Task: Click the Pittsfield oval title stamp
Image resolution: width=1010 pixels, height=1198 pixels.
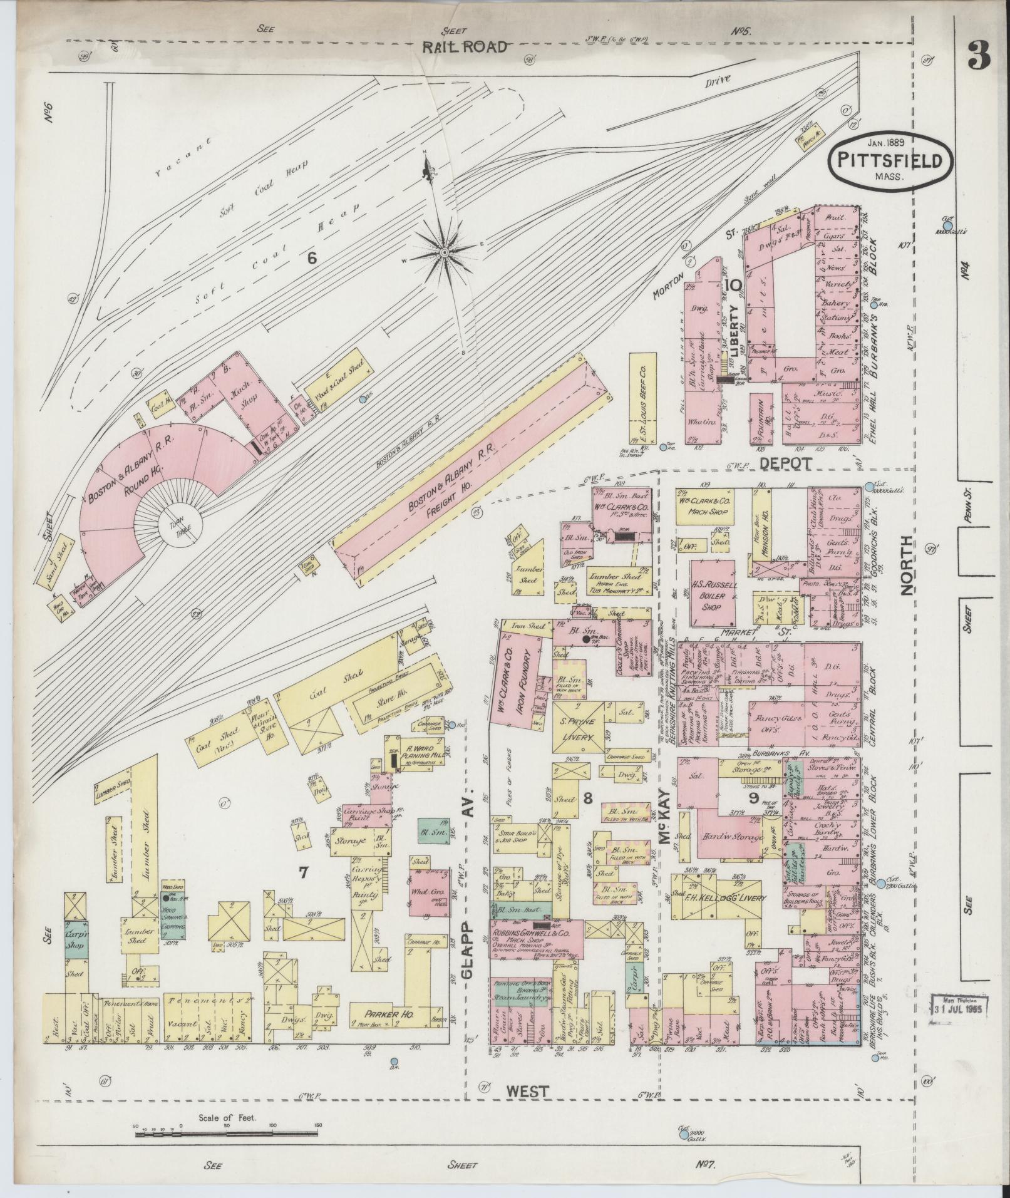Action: (x=892, y=161)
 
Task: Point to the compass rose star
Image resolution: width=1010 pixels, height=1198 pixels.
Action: (x=444, y=252)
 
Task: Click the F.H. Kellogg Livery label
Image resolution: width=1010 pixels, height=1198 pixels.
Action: (x=725, y=898)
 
